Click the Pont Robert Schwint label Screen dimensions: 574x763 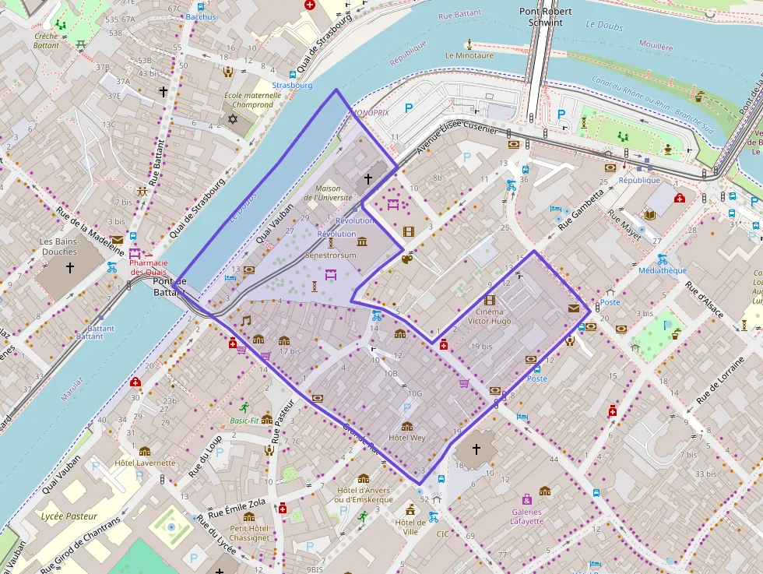(546, 17)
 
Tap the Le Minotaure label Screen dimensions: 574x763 (469, 55)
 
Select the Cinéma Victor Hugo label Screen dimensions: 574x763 (490, 316)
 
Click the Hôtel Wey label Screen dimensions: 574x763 (406, 438)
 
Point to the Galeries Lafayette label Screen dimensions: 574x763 (527, 516)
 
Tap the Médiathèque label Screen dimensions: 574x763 (662, 271)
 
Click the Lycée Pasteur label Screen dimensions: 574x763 (69, 516)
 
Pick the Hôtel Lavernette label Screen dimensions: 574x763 (145, 463)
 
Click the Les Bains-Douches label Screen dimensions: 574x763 (59, 246)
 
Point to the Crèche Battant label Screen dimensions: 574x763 (47, 40)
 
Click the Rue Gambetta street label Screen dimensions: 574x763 (582, 207)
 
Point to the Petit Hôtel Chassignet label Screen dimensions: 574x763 (249, 533)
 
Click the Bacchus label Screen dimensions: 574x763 (202, 16)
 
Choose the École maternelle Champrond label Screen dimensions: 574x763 (248, 100)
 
